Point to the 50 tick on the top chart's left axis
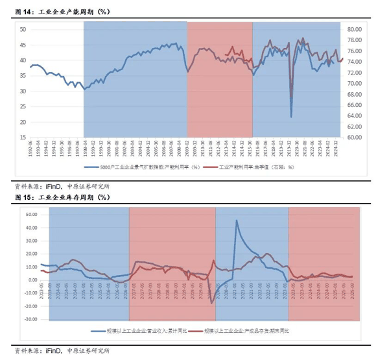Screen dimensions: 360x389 [x=23, y=30]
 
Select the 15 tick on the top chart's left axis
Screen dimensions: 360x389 [x=23, y=138]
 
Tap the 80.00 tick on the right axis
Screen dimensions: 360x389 [x=355, y=30]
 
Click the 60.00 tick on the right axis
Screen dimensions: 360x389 [x=355, y=138]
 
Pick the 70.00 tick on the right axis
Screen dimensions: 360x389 [x=355, y=84]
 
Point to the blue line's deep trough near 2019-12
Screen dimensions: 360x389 [x=291, y=117]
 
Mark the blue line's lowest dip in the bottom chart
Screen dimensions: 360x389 [x=211, y=303]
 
